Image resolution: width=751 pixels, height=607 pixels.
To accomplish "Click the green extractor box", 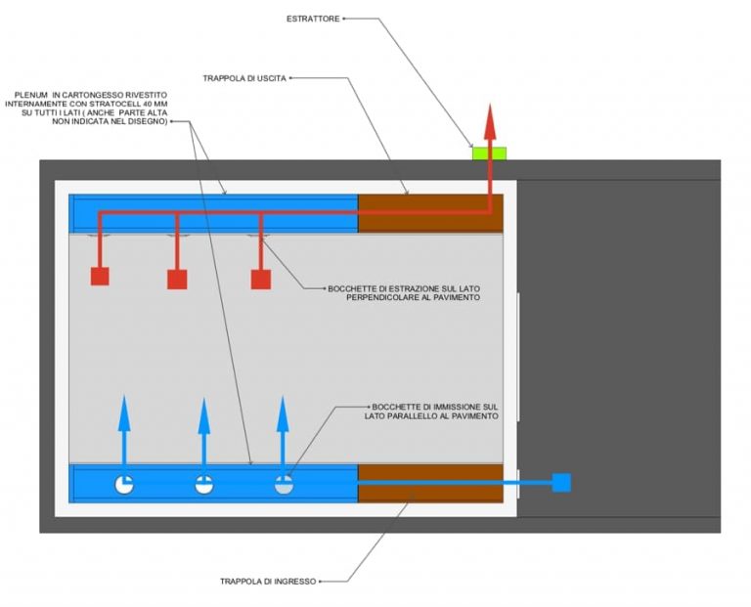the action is [x=490, y=153].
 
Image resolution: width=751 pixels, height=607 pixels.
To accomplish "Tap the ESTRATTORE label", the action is [x=313, y=19].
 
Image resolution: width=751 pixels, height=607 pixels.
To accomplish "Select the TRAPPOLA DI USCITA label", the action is [x=244, y=78].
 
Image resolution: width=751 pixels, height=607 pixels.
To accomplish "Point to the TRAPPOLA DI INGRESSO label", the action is [x=268, y=582].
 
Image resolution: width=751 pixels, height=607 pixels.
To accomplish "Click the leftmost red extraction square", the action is [x=100, y=277].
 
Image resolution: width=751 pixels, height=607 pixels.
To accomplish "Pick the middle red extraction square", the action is [x=177, y=280].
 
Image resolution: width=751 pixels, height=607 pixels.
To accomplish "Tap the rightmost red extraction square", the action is [x=261, y=280].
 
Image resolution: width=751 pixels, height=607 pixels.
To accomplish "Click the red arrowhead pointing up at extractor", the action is [x=490, y=121].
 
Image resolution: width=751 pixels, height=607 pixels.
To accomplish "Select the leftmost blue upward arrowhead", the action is [x=124, y=412].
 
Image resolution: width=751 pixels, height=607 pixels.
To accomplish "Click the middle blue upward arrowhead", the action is [x=204, y=414].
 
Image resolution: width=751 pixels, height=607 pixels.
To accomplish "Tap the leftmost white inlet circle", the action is [x=124, y=485].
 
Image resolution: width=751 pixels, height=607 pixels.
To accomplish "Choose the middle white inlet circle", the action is [x=204, y=485].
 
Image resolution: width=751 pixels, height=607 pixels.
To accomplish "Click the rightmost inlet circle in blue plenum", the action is [x=284, y=485].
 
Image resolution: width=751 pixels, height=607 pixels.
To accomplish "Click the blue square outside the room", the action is [x=561, y=483].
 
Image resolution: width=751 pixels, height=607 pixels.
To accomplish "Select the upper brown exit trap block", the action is [x=430, y=213].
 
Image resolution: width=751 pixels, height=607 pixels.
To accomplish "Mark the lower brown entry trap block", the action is [x=430, y=483].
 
